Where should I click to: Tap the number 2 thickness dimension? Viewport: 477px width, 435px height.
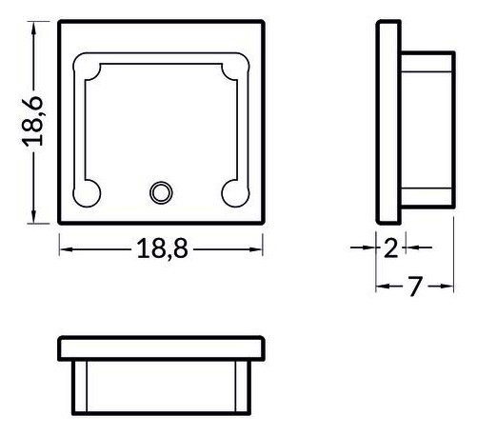coord(389,248)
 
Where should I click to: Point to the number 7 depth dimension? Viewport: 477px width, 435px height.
coord(413,287)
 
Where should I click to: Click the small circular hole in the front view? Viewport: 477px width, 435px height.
coord(160,193)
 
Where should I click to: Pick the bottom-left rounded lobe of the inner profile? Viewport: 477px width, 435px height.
coord(90,192)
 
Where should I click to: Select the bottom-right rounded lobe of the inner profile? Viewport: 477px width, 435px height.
coord(233,192)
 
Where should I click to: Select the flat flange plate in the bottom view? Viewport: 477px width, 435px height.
coord(160,347)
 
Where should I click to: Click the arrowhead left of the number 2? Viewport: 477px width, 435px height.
coord(370,248)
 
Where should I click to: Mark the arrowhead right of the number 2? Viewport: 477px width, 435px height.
coord(406,248)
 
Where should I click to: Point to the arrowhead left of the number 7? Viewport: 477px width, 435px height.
coord(383,287)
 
